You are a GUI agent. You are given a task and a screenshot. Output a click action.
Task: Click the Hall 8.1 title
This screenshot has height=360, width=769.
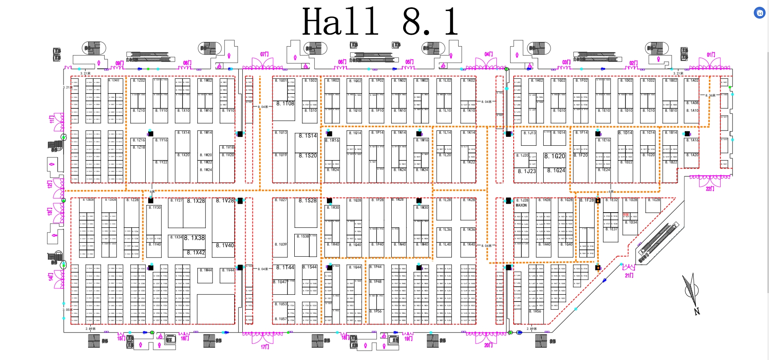click(380, 22)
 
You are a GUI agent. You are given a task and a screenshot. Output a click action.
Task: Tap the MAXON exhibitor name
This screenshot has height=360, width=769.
click(521, 205)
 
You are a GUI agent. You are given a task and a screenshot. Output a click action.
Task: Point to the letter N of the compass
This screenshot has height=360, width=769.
click(697, 311)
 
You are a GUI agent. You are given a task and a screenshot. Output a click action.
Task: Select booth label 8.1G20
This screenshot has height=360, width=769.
click(555, 156)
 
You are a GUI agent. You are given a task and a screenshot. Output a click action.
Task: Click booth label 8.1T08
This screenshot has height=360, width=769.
click(285, 103)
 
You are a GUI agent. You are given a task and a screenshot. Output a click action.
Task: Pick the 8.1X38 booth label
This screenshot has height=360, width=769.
click(194, 238)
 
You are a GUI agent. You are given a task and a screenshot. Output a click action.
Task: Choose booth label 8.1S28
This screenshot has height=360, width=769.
click(307, 200)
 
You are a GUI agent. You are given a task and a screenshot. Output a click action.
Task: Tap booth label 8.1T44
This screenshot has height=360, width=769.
click(285, 268)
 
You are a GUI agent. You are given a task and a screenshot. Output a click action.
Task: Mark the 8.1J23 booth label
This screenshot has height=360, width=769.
click(527, 172)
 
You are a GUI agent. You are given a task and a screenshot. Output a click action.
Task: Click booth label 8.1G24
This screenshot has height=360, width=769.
click(556, 171)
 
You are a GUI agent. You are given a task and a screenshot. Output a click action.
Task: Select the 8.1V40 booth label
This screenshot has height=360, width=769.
click(225, 245)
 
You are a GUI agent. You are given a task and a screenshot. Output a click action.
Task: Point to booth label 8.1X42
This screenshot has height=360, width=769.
click(196, 252)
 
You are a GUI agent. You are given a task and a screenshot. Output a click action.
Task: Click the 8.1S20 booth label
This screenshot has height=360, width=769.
click(307, 156)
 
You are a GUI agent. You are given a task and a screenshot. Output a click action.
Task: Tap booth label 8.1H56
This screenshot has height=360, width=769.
click(535, 311)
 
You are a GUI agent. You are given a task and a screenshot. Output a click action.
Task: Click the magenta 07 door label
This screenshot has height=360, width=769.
click(265, 54)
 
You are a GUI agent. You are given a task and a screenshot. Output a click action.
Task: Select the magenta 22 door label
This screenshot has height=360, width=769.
click(710, 188)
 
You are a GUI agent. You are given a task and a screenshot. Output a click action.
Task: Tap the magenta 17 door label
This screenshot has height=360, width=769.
click(265, 347)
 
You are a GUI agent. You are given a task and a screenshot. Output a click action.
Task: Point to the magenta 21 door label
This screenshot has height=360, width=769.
click(629, 275)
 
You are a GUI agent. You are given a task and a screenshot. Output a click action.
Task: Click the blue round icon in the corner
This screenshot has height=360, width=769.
click(760, 13)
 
